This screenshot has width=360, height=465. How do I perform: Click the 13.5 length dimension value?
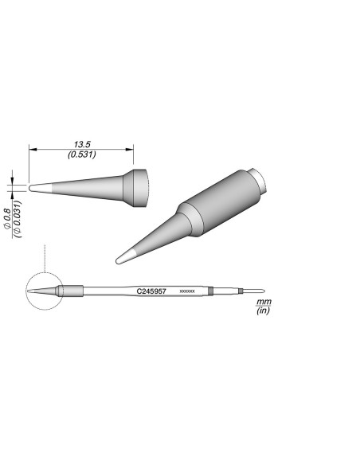click(81, 144)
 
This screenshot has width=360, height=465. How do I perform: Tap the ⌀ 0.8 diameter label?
click(6, 217)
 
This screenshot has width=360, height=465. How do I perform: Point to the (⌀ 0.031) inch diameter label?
click(17, 217)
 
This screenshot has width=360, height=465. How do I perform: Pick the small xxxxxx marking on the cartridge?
click(188, 292)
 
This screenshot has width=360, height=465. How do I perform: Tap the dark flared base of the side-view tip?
click(139, 188)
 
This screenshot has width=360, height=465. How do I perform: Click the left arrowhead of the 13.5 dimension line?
click(32, 149)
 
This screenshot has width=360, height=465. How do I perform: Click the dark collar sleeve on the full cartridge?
click(72, 291)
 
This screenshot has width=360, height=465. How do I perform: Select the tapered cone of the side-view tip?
click(88, 188)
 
